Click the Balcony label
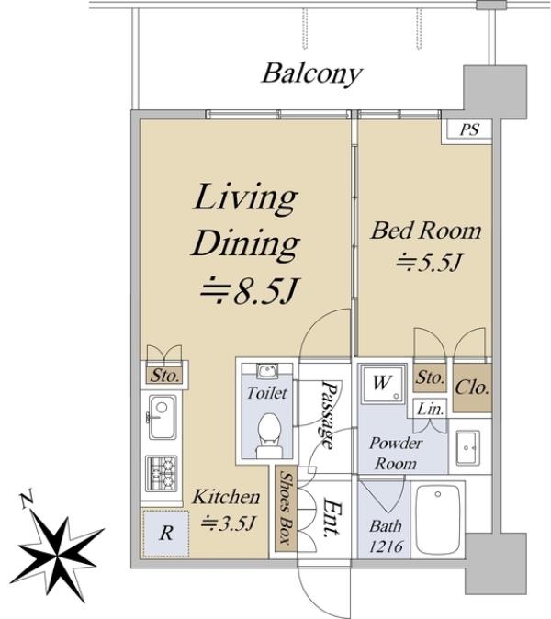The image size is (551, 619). [x=312, y=74]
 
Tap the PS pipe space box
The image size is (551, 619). [x=467, y=130]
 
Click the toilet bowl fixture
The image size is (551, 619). [x=270, y=435]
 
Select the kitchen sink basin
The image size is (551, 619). [x=163, y=417]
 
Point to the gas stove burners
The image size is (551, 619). [x=161, y=474]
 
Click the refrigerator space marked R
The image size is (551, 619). [x=166, y=534]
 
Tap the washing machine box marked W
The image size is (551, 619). [x=382, y=383]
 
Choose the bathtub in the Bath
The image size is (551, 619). [x=438, y=519]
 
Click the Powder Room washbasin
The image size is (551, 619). [x=467, y=447]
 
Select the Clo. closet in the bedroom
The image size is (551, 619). [x=472, y=388]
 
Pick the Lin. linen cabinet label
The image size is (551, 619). [x=430, y=409]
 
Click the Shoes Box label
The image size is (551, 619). [x=287, y=508]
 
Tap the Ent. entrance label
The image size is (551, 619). [x=332, y=519]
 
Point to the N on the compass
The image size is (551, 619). [x=27, y=500]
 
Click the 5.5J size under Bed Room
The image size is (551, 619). [x=428, y=262]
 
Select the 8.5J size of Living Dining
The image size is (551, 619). [x=248, y=291]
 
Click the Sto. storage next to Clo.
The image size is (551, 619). [x=430, y=377]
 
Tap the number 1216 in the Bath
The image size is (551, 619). [x=387, y=546]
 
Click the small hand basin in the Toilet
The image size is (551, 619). [x=267, y=371]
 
